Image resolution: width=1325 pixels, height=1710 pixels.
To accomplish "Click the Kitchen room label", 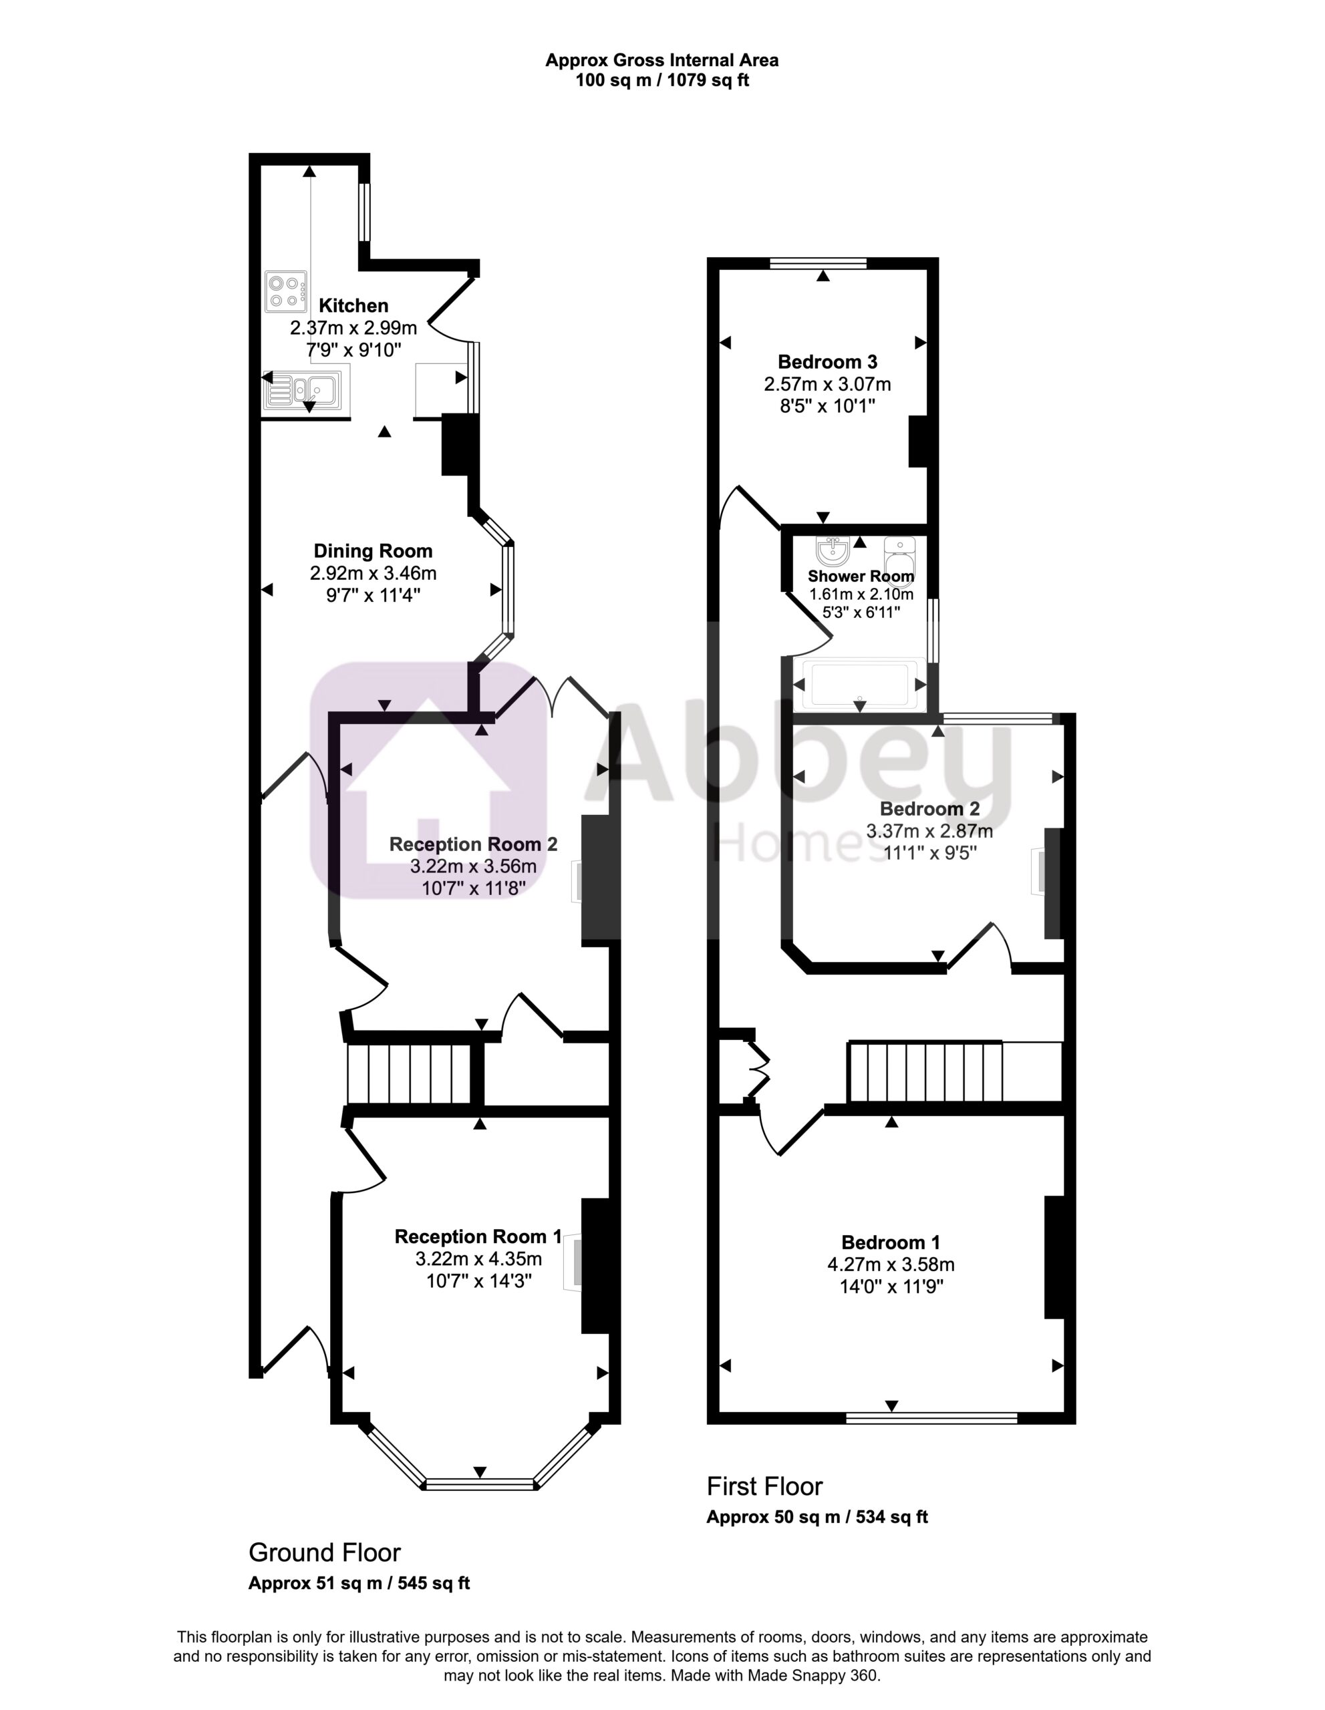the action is point(353,305).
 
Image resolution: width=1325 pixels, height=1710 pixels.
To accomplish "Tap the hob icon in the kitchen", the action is point(286,291).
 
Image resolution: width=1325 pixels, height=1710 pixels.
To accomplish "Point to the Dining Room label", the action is point(373,550).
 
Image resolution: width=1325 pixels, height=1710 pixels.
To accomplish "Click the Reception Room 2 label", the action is point(473,844).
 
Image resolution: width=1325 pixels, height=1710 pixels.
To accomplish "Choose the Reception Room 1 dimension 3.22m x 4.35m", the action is point(478,1259).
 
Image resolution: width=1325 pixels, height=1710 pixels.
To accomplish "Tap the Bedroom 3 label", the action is point(827,362).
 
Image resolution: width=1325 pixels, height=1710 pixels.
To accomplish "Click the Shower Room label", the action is point(861,576).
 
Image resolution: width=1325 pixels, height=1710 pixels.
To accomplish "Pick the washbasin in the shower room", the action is point(832,551).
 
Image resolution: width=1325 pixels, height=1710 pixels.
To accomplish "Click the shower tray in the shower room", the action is point(860,684).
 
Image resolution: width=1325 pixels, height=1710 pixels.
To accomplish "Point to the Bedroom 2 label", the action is point(929,809).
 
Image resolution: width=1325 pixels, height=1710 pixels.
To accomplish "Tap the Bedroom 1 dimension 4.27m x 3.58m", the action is point(891,1264).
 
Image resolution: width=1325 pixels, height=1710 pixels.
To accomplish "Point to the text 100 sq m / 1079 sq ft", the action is point(663,80).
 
